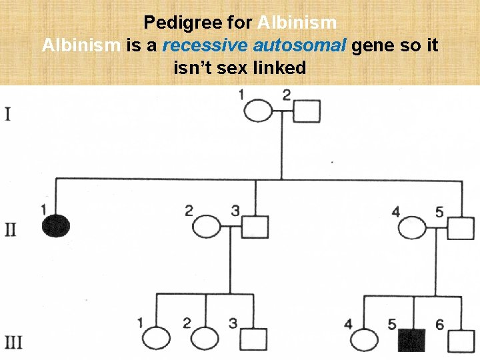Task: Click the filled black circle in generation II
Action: click(55, 227)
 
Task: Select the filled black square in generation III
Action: click(411, 341)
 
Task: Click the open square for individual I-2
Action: click(306, 111)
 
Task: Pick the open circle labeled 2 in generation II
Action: click(207, 228)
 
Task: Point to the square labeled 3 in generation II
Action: click(254, 228)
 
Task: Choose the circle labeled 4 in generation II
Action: click(413, 228)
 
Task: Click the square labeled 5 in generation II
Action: click(460, 228)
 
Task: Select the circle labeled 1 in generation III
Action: click(157, 340)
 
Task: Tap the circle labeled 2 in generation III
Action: click(205, 340)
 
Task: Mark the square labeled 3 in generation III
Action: click(253, 340)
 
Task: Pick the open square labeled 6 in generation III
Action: click(461, 341)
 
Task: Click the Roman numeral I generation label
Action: click(7, 114)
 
